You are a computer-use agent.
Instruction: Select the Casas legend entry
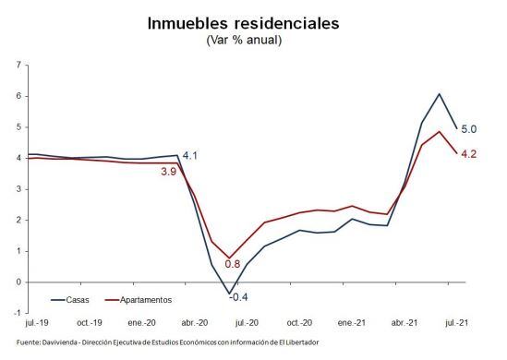pyautogui.click(x=75, y=299)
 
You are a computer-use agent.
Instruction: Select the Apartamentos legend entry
pyautogui.click(x=144, y=299)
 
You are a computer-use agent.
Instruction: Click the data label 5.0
pyautogui.click(x=468, y=130)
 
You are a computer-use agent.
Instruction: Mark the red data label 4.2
pyautogui.click(x=468, y=154)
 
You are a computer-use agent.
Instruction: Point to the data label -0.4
pyautogui.click(x=239, y=297)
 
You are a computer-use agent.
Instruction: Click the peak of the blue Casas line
pyautogui.click(x=439, y=94)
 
